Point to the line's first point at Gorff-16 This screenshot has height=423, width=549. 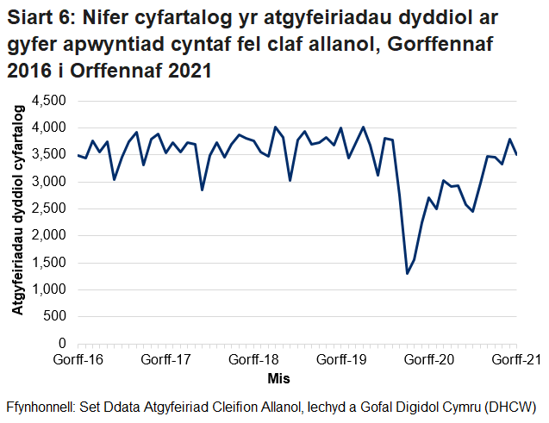78,155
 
